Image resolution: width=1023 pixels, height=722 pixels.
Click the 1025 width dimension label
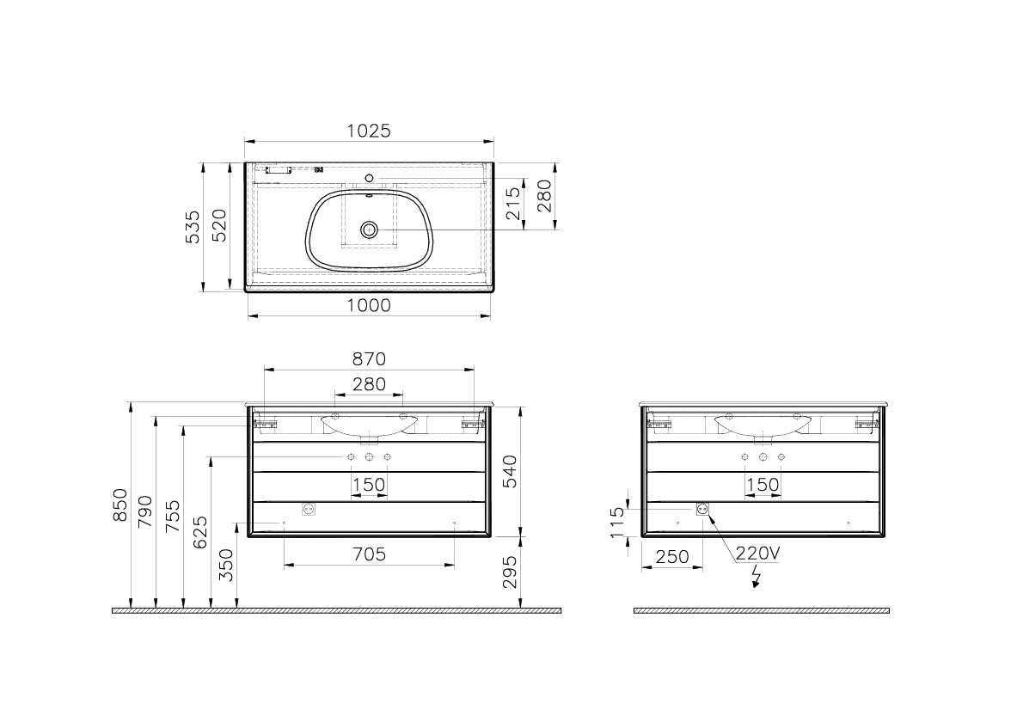(369, 131)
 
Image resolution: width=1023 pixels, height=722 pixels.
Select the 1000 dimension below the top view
(369, 305)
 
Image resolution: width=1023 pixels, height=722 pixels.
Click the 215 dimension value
(514, 205)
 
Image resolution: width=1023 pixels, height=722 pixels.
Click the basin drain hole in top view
(370, 229)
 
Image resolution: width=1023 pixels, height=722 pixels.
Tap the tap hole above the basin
(370, 178)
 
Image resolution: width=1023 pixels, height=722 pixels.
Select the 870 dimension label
(369, 358)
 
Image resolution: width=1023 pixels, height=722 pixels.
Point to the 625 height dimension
(200, 533)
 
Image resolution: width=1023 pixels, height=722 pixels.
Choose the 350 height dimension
(227, 566)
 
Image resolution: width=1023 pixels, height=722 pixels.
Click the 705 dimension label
(369, 554)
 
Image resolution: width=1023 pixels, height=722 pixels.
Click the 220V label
(757, 554)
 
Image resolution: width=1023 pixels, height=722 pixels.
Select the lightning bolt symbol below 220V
(757, 578)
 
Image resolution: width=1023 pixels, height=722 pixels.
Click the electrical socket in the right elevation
(701, 509)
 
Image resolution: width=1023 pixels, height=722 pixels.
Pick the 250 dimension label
(672, 557)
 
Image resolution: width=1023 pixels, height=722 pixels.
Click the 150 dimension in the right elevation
(763, 485)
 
